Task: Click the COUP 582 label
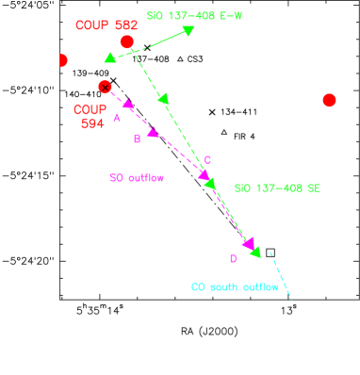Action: tap(106, 25)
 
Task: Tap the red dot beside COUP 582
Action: tap(127, 42)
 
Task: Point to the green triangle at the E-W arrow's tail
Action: tap(110, 57)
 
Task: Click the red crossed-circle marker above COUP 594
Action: tap(105, 87)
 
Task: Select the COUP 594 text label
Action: tap(90, 117)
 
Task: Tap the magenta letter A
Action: tap(117, 119)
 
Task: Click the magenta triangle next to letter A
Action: tap(128, 104)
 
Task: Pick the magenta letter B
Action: tap(137, 139)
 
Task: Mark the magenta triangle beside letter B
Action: tap(153, 131)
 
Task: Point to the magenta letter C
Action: tap(207, 160)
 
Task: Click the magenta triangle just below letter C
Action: tap(204, 174)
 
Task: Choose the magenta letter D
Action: tap(233, 259)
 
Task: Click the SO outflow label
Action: tap(137, 177)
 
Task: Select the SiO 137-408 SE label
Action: tap(277, 188)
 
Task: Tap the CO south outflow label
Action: tap(235, 287)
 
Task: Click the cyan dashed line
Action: tap(281, 276)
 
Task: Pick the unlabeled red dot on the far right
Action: tap(329, 100)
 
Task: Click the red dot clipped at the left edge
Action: tap(63, 61)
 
